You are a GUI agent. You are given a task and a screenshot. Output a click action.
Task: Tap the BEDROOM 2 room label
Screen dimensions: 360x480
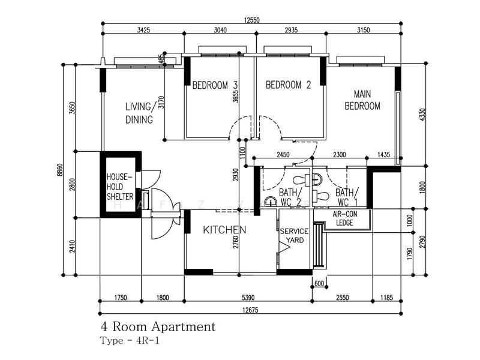click(288, 85)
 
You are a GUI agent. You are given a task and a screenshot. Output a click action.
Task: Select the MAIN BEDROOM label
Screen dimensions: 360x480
click(367, 100)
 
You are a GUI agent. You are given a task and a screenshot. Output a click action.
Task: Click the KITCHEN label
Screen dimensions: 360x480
click(224, 230)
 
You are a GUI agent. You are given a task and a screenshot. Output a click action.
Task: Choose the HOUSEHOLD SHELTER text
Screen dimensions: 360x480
click(120, 187)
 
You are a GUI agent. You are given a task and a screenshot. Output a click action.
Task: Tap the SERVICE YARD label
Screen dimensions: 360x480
click(294, 236)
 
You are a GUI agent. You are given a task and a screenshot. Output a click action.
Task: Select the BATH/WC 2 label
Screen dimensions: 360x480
click(290, 197)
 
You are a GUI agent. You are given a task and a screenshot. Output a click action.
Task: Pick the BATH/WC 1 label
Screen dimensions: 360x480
click(347, 197)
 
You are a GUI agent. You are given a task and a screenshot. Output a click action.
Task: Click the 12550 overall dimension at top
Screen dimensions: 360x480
click(253, 20)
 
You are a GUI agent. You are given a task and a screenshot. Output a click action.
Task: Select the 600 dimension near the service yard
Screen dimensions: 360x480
click(319, 284)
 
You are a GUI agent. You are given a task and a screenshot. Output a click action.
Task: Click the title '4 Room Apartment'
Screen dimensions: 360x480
click(158, 327)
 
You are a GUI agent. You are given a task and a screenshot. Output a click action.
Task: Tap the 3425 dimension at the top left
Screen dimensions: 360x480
click(143, 30)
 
